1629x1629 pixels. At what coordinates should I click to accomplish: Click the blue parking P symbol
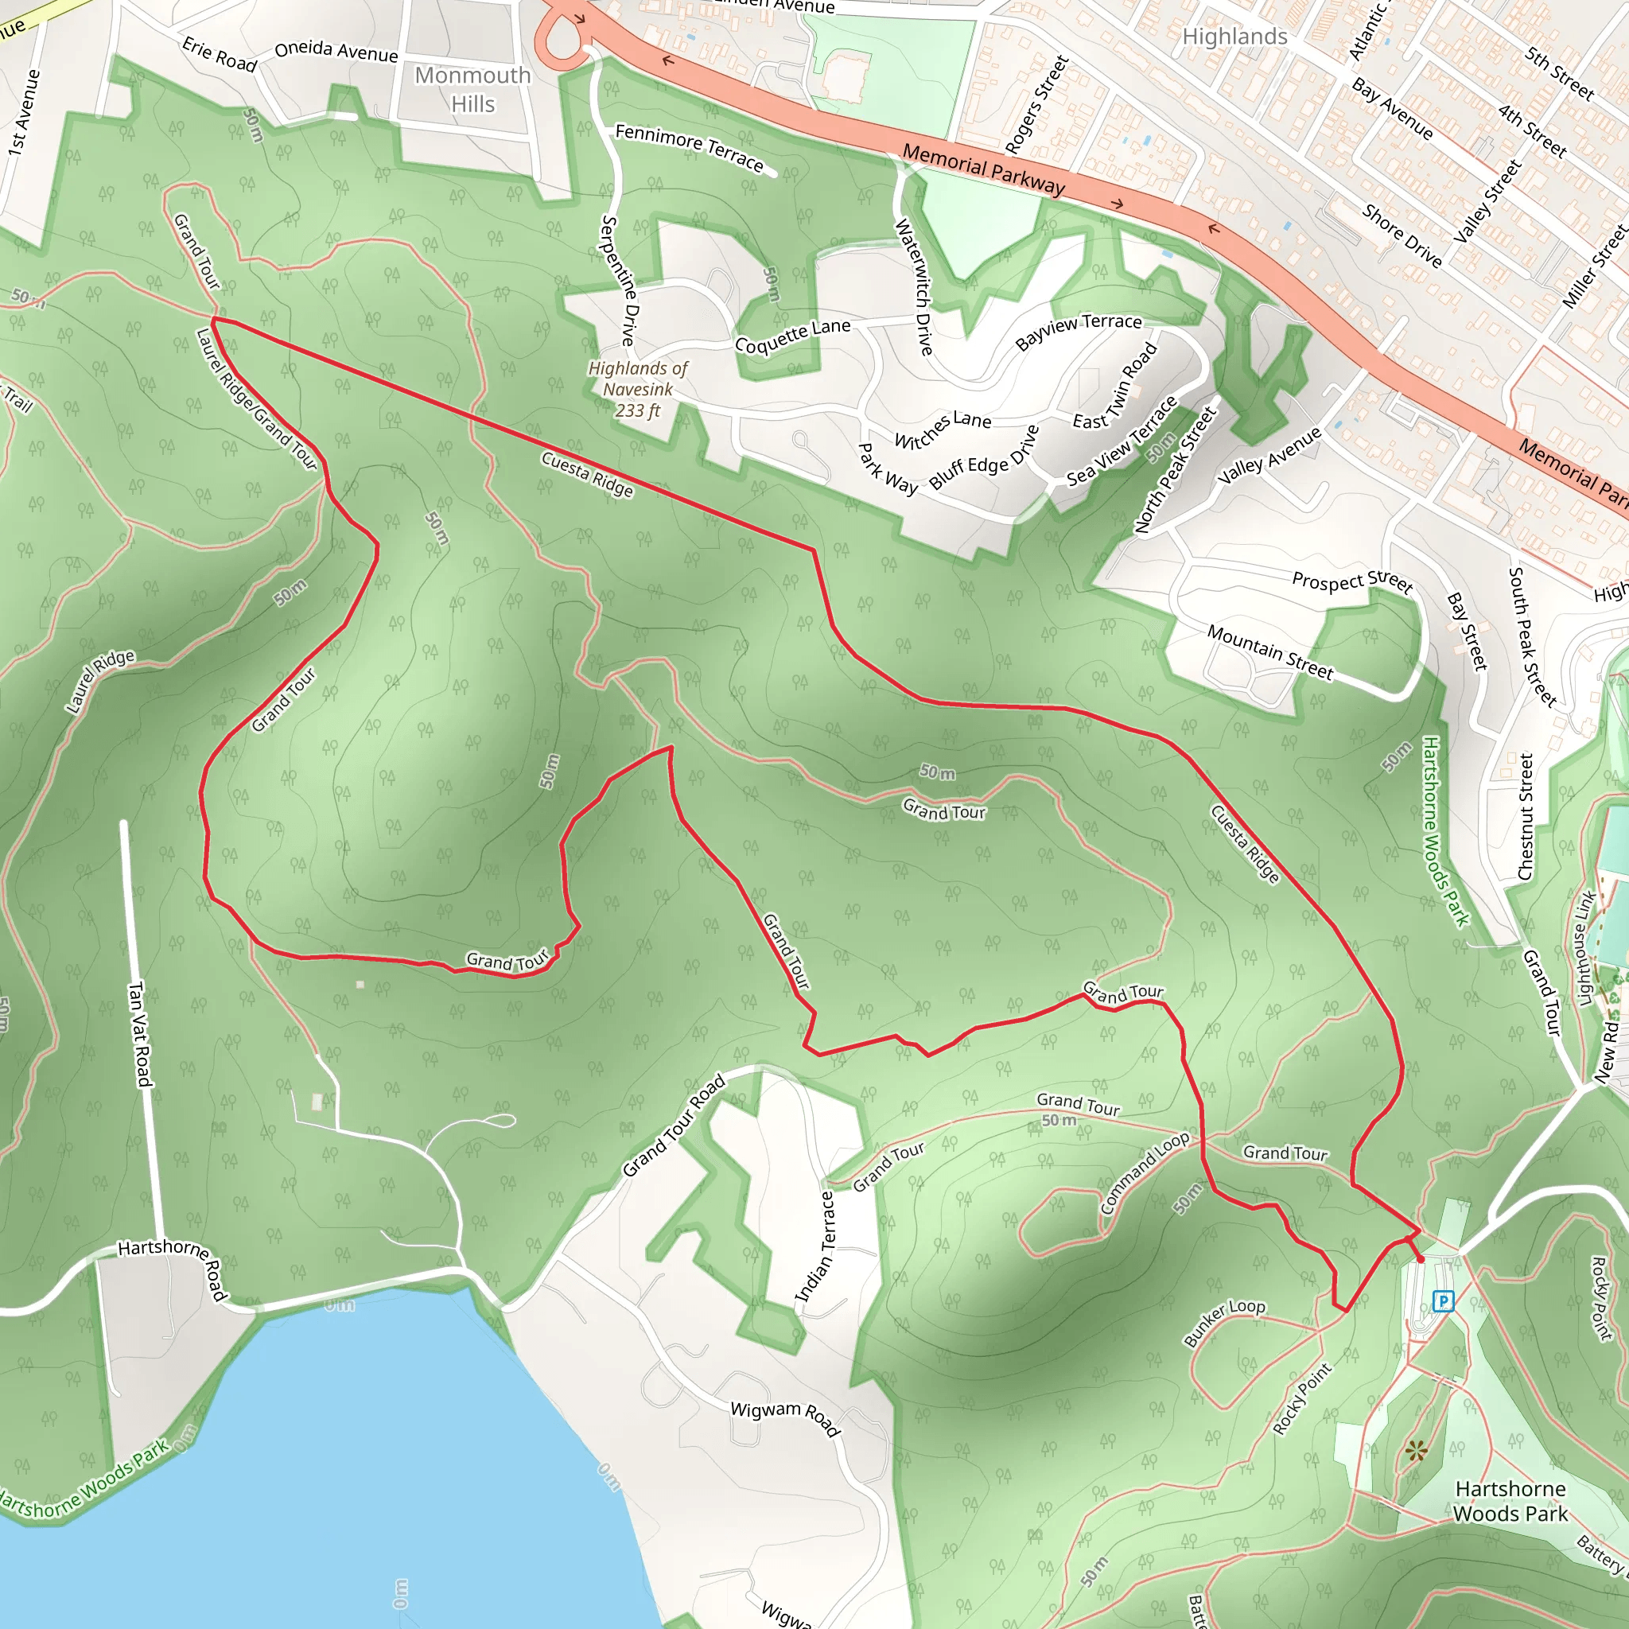coord(1443,1301)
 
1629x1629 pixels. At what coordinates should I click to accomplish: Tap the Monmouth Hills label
coord(473,89)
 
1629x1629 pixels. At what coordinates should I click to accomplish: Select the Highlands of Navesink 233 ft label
coord(638,390)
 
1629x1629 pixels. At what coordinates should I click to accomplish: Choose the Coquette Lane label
coord(792,336)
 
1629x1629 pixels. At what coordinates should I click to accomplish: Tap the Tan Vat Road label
coord(139,1035)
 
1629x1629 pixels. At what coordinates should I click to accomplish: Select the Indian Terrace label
coord(816,1246)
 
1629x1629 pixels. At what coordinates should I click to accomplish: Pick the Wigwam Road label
coord(785,1419)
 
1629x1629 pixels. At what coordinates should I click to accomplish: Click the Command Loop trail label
coord(1144,1173)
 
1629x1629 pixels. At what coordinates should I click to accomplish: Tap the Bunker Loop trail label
coord(1224,1321)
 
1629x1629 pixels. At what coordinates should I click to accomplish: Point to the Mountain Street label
coord(1269,651)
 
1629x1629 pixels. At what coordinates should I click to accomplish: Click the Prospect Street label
coord(1351,581)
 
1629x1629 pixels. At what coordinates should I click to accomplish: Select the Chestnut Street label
coord(1526,816)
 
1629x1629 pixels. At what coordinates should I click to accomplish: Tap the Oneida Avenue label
coord(336,52)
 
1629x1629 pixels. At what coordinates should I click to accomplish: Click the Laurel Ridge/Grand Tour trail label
coord(256,399)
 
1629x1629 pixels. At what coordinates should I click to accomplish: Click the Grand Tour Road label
coord(674,1126)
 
